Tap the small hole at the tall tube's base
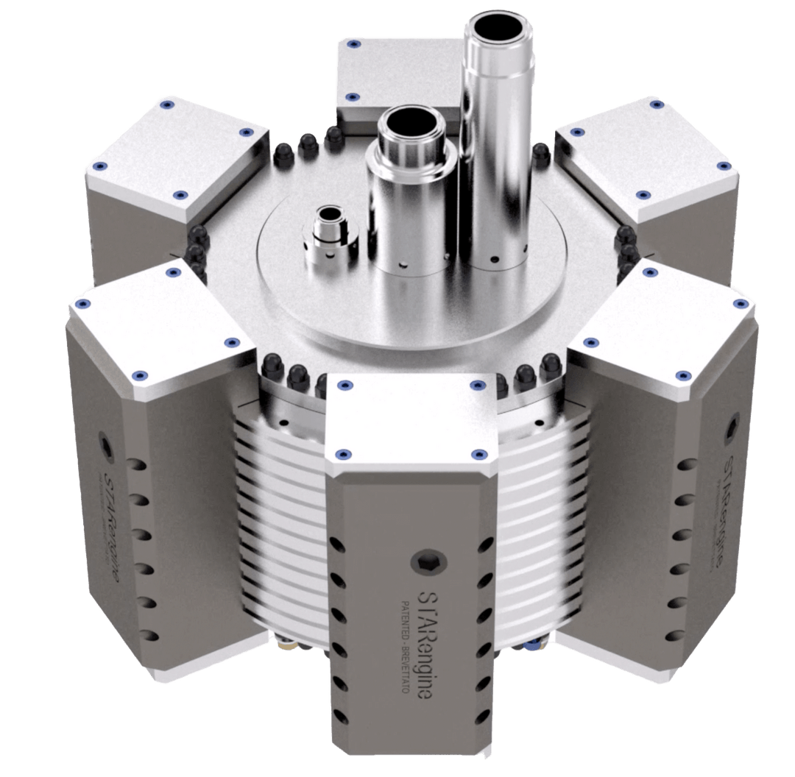point(495,259)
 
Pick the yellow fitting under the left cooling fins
point(288,645)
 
